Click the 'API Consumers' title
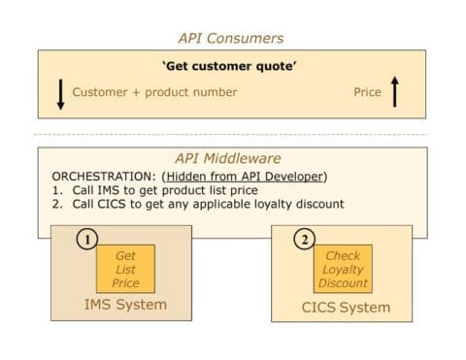pyautogui.click(x=231, y=38)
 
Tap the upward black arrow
pyautogui.click(x=394, y=92)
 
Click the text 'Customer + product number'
pyautogui.click(x=155, y=92)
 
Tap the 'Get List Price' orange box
pyautogui.click(x=125, y=269)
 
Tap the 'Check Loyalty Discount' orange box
pyautogui.click(x=343, y=269)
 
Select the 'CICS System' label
pyautogui.click(x=342, y=308)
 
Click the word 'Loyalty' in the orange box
pyautogui.click(x=343, y=270)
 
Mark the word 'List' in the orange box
pyautogui.click(x=125, y=270)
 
